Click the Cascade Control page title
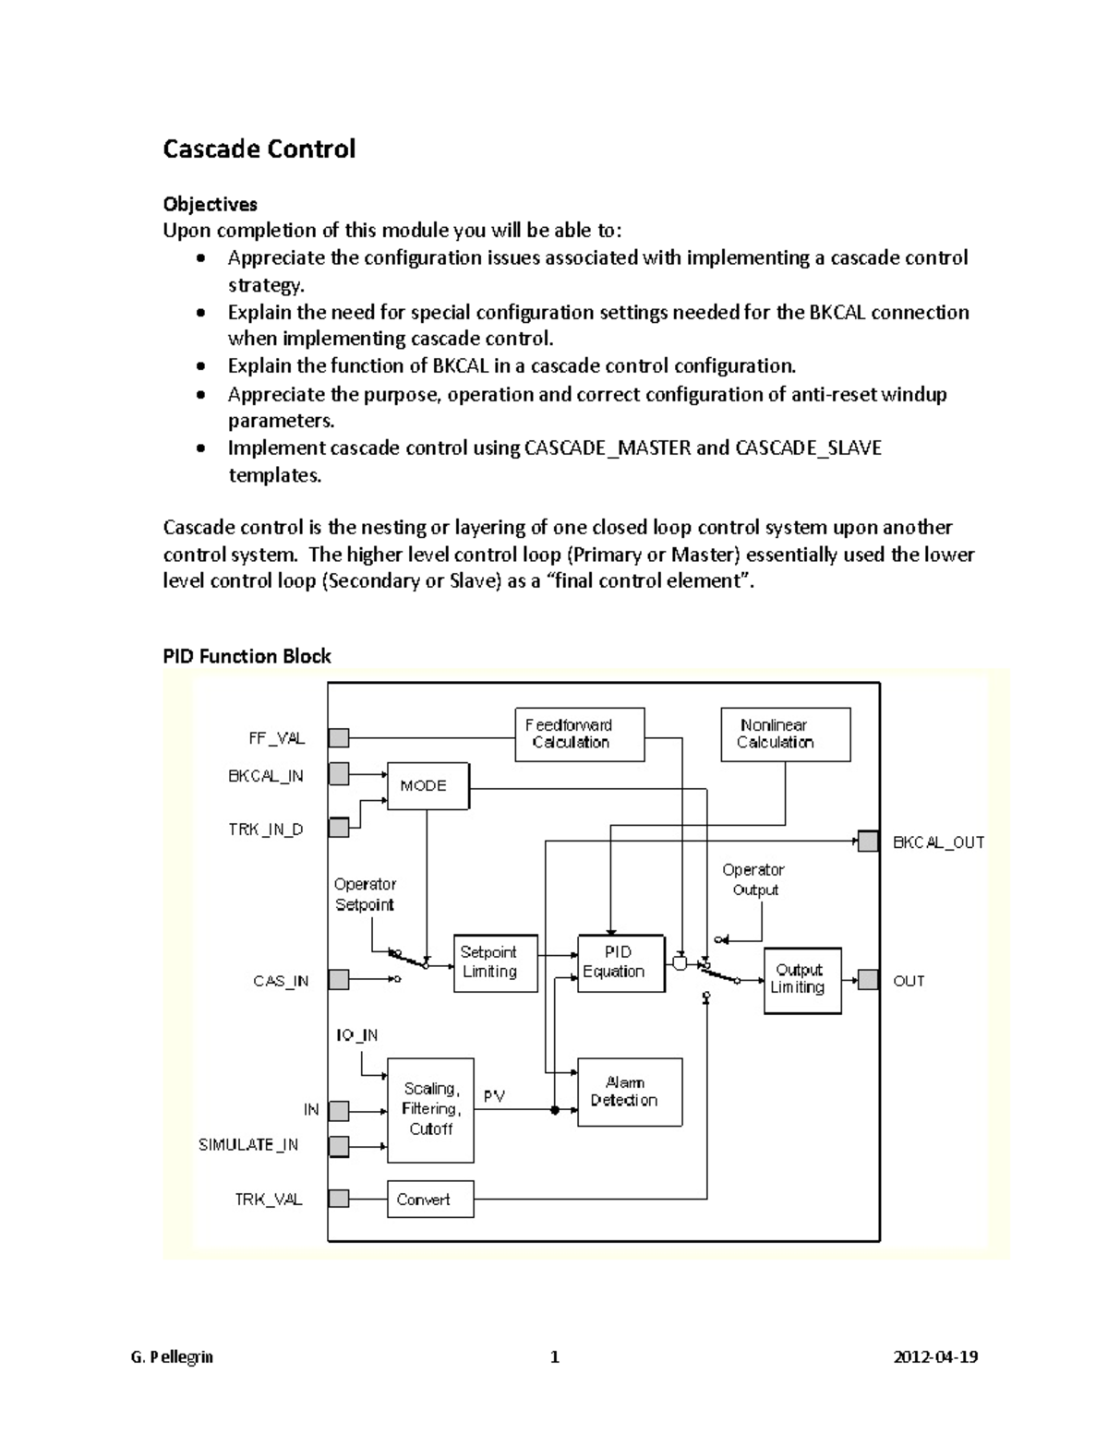(x=259, y=149)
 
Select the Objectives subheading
(x=210, y=204)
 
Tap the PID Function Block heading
(x=247, y=656)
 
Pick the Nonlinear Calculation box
(x=785, y=734)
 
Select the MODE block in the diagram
(x=428, y=786)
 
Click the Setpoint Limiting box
(x=495, y=963)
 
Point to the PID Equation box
(x=620, y=963)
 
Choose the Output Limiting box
(x=801, y=980)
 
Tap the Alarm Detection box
(x=630, y=1093)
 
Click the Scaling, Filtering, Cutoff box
(x=430, y=1110)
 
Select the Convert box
(x=429, y=1200)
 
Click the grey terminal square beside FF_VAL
(x=339, y=738)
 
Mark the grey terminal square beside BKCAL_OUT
(x=868, y=842)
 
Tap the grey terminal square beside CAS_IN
(x=339, y=980)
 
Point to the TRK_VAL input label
(x=268, y=1200)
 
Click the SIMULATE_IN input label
(x=248, y=1145)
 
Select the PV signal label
(x=494, y=1096)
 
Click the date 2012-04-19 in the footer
(x=936, y=1357)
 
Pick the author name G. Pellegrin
(x=172, y=1357)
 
